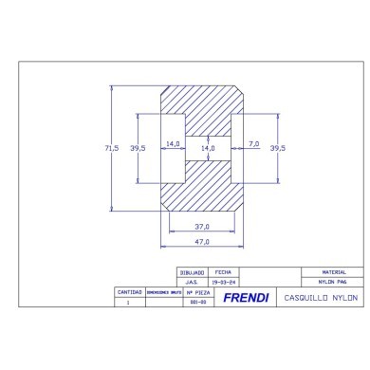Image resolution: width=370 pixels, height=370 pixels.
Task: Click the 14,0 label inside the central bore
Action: click(x=207, y=148)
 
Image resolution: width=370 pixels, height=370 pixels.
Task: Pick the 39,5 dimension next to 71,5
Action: click(x=138, y=148)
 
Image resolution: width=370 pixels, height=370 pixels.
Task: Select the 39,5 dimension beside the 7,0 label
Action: click(x=277, y=148)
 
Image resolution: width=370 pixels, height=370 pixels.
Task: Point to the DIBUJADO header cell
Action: click(x=192, y=271)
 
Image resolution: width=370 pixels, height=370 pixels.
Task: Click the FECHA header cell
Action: click(x=224, y=271)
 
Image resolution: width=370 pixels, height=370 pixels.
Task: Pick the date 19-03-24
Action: click(x=224, y=282)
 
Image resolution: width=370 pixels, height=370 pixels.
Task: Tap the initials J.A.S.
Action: click(x=192, y=282)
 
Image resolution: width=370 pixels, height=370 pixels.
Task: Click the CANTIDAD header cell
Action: click(x=128, y=292)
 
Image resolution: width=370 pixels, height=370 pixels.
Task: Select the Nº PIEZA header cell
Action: click(x=193, y=292)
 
